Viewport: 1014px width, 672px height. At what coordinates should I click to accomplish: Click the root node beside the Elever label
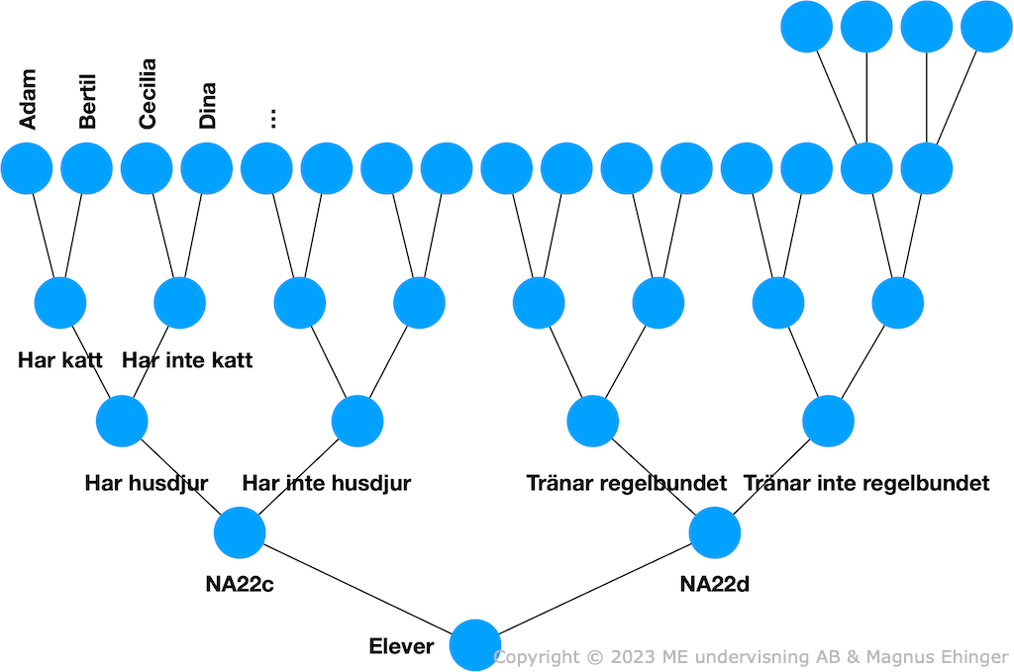click(x=475, y=645)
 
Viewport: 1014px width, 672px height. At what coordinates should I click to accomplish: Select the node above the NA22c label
click(x=240, y=532)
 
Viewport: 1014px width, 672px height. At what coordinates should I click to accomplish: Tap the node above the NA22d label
click(x=715, y=532)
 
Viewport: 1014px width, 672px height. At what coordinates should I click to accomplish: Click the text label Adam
click(x=27, y=99)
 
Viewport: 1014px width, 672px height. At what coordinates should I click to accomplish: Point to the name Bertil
click(x=87, y=102)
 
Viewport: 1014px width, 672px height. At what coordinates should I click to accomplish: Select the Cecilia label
click(x=148, y=94)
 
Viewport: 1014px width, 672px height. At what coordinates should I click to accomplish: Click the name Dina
click(x=207, y=105)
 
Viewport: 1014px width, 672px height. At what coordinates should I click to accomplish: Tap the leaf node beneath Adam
click(x=27, y=168)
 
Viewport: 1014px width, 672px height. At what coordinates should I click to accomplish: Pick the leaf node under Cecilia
click(x=147, y=168)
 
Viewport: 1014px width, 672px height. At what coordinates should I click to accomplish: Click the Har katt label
click(x=60, y=360)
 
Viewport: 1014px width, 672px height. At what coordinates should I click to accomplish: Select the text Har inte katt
click(x=187, y=360)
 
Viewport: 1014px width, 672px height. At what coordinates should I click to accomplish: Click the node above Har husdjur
click(x=122, y=422)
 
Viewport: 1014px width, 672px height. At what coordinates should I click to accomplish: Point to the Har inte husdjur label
click(x=327, y=483)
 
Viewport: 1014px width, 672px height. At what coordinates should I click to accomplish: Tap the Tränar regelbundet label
click(x=627, y=483)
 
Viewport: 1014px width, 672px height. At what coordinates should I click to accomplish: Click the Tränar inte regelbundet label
click(x=866, y=483)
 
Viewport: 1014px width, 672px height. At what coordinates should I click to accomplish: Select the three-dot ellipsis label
click(x=273, y=118)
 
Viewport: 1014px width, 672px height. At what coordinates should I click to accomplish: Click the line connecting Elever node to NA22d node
click(x=595, y=589)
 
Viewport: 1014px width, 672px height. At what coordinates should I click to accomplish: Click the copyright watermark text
click(x=752, y=656)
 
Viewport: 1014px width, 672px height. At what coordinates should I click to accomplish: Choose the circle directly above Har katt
click(x=60, y=303)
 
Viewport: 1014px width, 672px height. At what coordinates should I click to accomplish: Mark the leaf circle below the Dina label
click(x=206, y=168)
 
